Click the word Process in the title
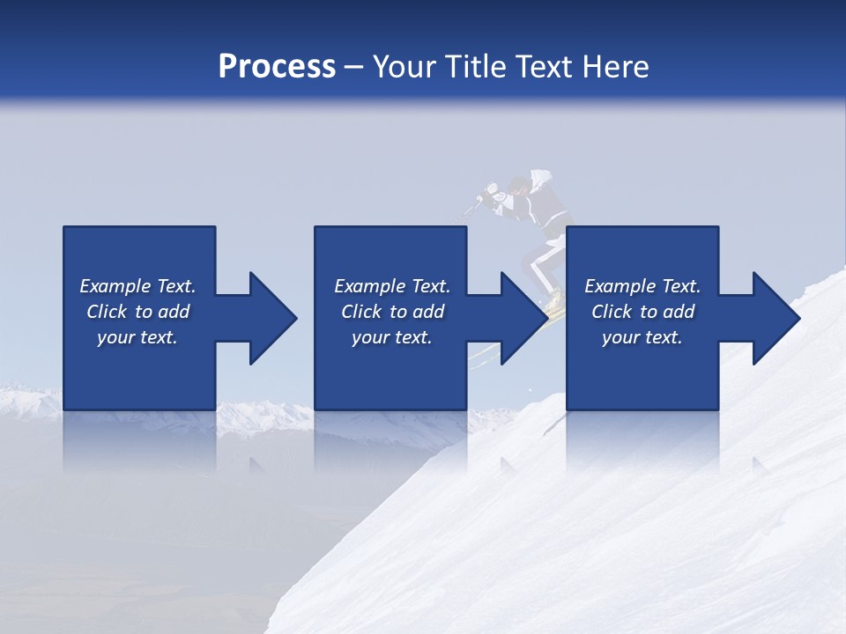click(x=277, y=67)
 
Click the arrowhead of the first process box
click(x=270, y=318)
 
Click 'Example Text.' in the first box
click(x=137, y=286)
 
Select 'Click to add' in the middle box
click(x=392, y=312)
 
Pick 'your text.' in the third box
click(x=642, y=337)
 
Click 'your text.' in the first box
click(x=137, y=337)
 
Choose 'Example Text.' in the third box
click(x=642, y=286)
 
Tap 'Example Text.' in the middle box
click(x=392, y=286)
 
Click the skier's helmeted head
click(x=520, y=186)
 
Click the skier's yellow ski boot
click(x=553, y=300)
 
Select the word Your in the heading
click(x=404, y=67)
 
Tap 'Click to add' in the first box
click(x=137, y=312)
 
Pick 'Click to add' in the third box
click(x=642, y=312)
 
